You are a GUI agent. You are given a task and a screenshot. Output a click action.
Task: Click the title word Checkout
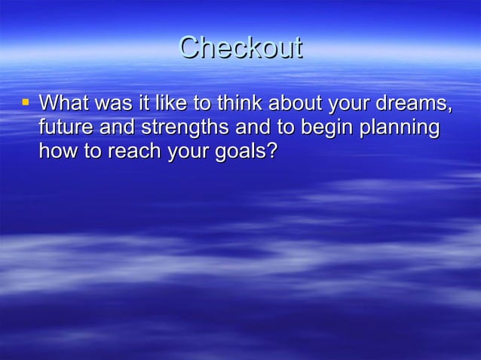point(240,48)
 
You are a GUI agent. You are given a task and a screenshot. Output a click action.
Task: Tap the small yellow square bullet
point(26,99)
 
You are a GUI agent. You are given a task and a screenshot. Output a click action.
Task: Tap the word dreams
point(412,102)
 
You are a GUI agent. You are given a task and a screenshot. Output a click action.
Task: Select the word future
point(63,127)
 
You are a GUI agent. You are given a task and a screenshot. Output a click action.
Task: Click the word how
point(55,151)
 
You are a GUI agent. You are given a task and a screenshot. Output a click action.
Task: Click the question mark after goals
point(272,151)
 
